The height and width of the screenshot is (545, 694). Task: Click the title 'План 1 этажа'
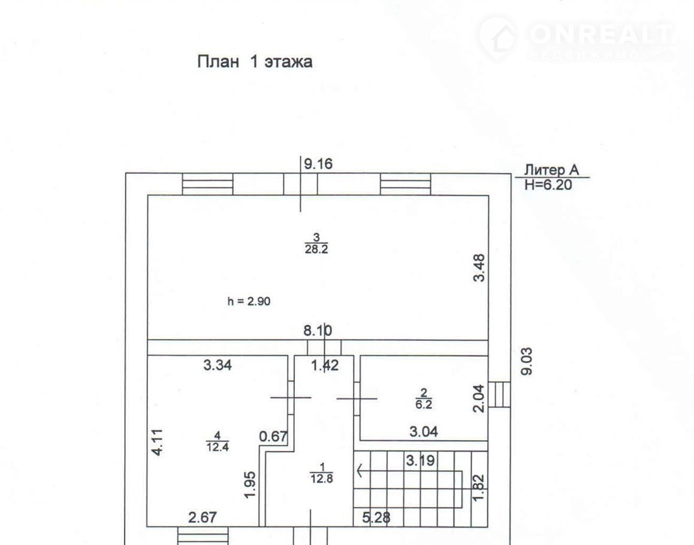[255, 62]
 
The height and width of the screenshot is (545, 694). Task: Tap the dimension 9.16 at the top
[318, 164]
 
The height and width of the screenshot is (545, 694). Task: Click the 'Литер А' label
[551, 170]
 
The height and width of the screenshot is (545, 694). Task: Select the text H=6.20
[548, 184]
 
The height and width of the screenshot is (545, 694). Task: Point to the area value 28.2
[316, 250]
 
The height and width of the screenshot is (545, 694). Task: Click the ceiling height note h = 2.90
[249, 301]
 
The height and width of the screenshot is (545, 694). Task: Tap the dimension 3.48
[479, 268]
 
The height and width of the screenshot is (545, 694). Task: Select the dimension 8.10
[318, 331]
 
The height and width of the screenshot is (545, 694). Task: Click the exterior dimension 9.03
[527, 361]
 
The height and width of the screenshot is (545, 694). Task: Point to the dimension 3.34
[218, 365]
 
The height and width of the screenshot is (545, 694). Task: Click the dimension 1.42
[325, 365]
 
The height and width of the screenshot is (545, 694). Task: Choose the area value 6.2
[424, 404]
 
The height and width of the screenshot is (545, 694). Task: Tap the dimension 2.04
[479, 398]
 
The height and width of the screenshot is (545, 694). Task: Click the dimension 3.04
[424, 431]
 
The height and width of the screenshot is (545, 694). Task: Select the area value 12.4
[217, 447]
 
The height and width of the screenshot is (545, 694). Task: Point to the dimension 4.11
[157, 443]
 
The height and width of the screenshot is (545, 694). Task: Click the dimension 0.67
[273, 437]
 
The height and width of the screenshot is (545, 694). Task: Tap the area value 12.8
[321, 479]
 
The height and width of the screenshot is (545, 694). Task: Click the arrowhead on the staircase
[360, 470]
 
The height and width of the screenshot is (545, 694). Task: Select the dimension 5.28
[376, 517]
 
